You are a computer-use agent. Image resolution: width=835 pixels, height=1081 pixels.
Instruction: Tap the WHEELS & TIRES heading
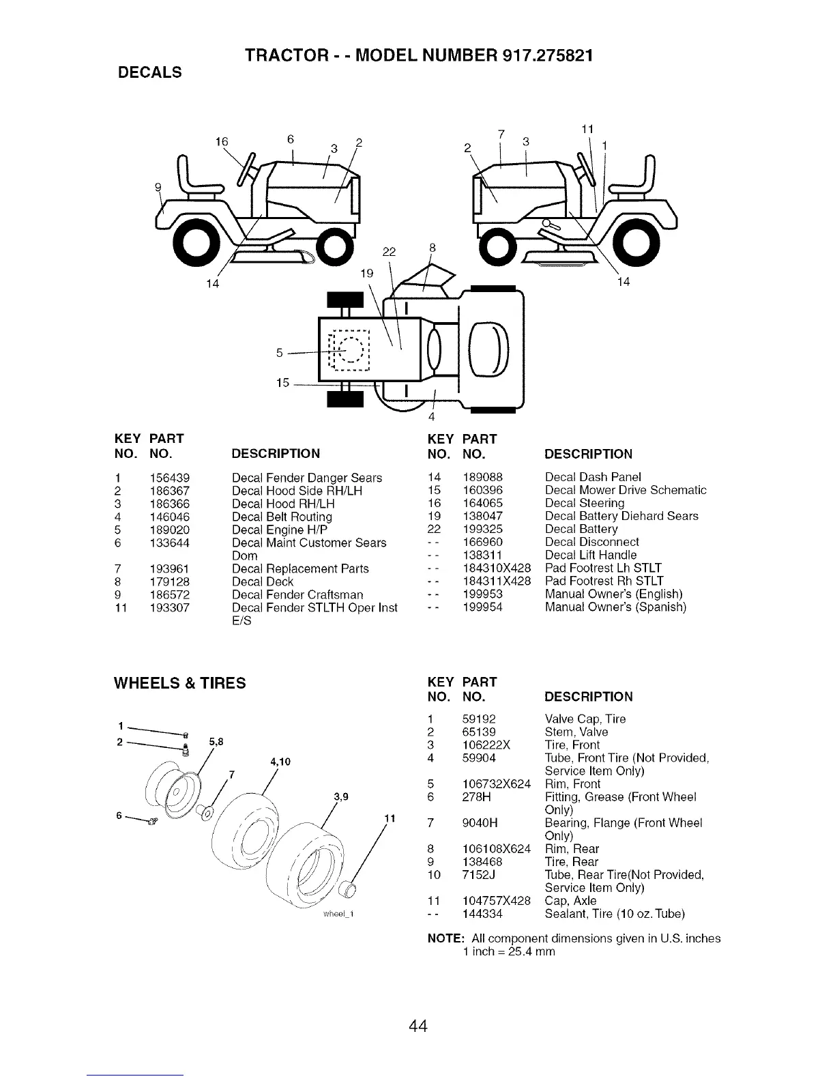click(180, 683)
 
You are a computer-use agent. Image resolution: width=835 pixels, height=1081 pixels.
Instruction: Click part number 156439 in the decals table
click(169, 478)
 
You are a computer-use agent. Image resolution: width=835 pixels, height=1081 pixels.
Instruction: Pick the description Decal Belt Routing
click(282, 517)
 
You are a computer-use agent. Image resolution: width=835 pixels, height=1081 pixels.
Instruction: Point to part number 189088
click(482, 477)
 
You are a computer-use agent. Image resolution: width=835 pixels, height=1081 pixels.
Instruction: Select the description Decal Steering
click(585, 503)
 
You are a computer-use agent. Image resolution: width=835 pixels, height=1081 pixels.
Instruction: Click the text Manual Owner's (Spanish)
click(615, 607)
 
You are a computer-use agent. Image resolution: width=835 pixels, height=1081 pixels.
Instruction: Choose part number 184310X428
click(497, 568)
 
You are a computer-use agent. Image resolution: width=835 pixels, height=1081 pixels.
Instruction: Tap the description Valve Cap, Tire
click(585, 719)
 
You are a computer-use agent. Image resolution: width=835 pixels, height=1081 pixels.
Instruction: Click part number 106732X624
click(497, 783)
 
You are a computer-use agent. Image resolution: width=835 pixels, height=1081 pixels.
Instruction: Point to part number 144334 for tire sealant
click(482, 913)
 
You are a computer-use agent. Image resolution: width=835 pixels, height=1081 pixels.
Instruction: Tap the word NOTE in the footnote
click(445, 938)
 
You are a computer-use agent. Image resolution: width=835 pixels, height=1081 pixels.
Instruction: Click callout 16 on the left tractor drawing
click(221, 142)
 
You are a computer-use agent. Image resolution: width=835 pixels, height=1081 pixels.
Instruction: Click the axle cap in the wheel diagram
click(348, 889)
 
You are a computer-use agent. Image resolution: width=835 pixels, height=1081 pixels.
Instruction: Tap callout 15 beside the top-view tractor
click(283, 383)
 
